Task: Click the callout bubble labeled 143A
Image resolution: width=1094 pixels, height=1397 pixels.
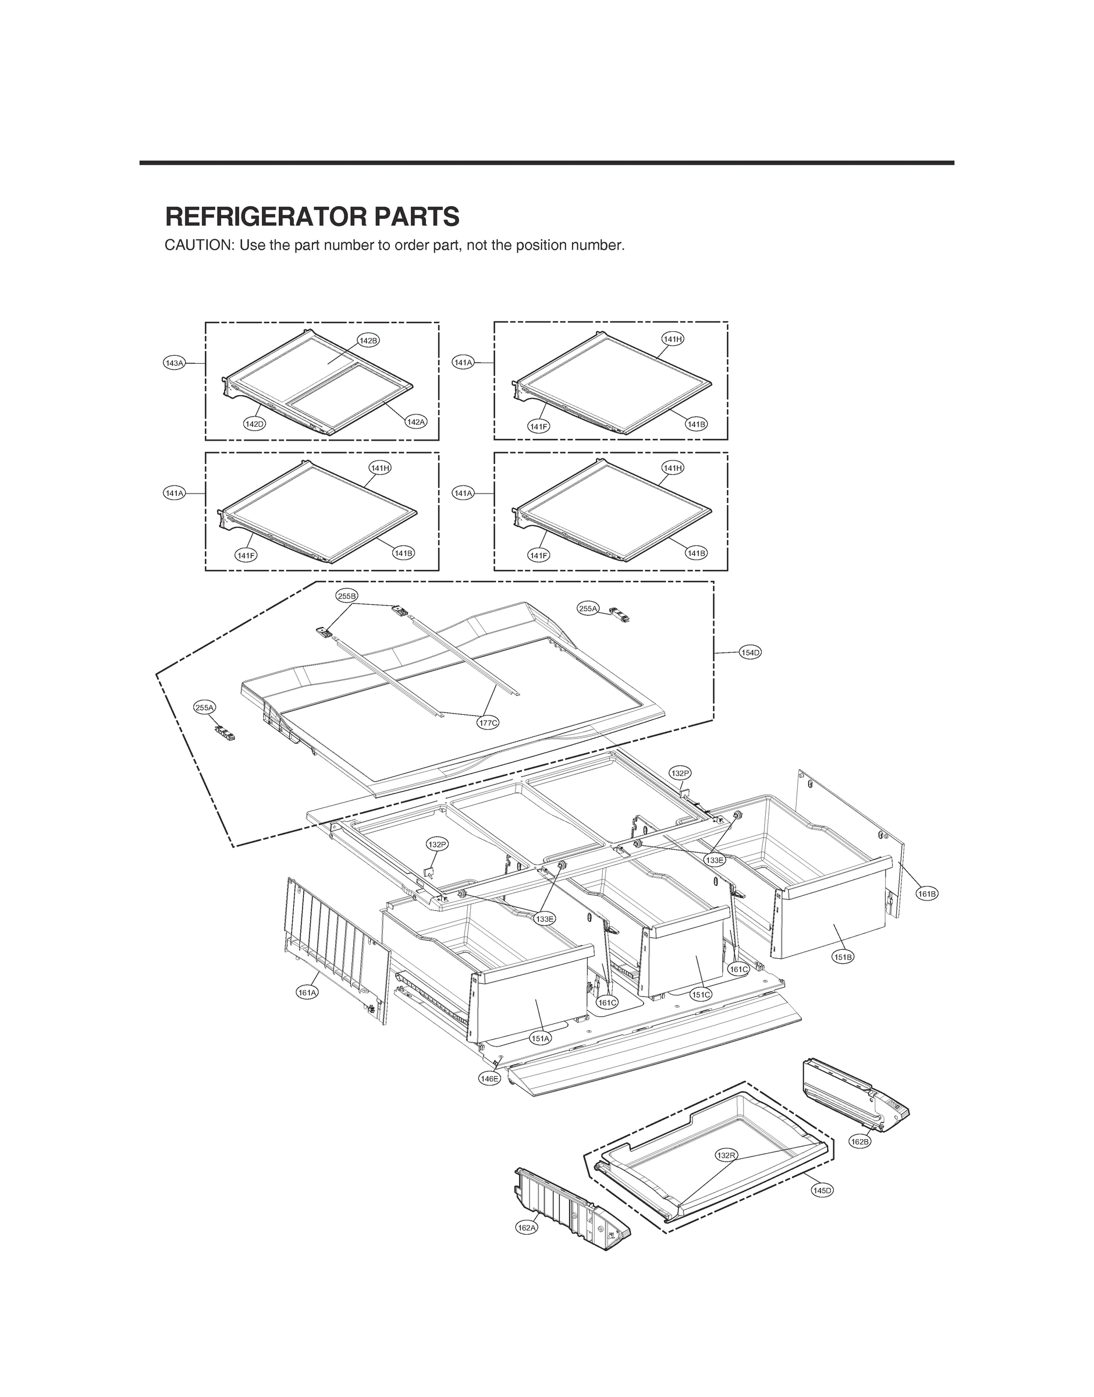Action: click(174, 363)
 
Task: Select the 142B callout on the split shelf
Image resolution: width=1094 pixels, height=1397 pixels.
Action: click(368, 341)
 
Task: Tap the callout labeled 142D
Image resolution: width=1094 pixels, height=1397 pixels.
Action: click(254, 423)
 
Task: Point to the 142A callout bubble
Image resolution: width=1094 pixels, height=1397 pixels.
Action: click(415, 421)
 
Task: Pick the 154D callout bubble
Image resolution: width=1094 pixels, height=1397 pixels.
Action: click(750, 653)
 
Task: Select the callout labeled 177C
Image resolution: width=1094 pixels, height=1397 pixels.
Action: click(488, 722)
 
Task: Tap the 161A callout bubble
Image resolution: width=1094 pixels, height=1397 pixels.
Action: click(307, 993)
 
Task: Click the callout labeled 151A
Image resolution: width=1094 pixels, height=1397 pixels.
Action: click(540, 1038)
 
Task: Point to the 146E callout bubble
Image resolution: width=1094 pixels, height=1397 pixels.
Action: click(489, 1079)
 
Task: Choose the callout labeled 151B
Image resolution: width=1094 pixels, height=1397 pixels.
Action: click(843, 957)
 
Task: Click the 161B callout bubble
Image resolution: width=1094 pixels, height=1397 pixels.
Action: click(927, 893)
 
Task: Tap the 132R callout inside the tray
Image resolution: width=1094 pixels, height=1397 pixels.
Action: click(726, 1155)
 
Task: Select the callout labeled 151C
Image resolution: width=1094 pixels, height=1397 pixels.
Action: click(701, 995)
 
